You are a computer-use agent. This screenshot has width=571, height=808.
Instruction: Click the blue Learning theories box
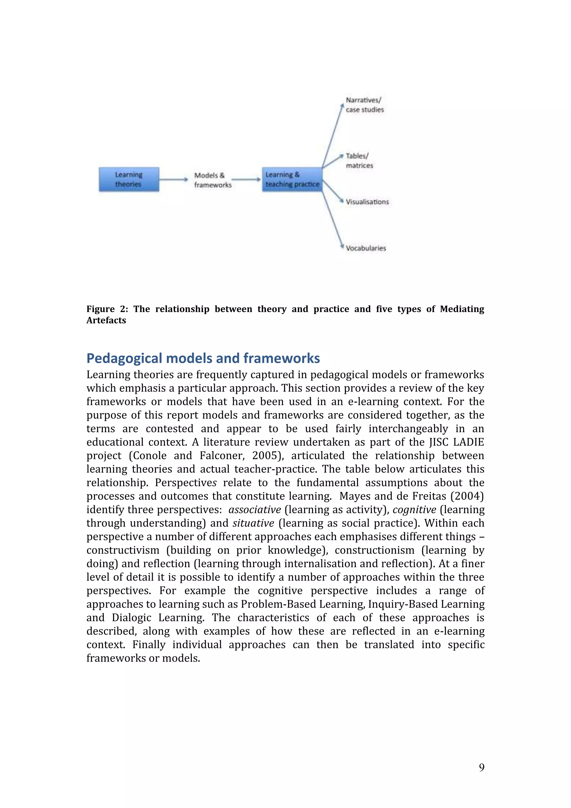(x=129, y=180)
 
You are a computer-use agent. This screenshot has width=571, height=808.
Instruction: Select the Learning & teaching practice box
(x=292, y=180)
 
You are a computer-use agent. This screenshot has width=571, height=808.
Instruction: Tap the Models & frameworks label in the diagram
(x=212, y=180)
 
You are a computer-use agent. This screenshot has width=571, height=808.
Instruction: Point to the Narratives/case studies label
(x=364, y=105)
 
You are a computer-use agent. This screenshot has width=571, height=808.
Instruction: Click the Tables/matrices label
(x=359, y=161)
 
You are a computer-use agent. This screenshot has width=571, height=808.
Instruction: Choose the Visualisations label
(x=367, y=202)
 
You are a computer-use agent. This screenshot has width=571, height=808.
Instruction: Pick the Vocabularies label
(x=366, y=248)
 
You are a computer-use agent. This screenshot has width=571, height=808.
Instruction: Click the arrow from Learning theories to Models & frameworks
(x=173, y=180)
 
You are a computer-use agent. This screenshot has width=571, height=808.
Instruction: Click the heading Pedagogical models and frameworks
(x=203, y=358)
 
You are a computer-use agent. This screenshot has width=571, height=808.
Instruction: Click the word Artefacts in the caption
(x=106, y=320)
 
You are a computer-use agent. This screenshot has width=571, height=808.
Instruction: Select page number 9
(x=482, y=767)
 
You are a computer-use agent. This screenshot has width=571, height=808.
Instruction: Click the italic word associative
(x=255, y=510)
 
